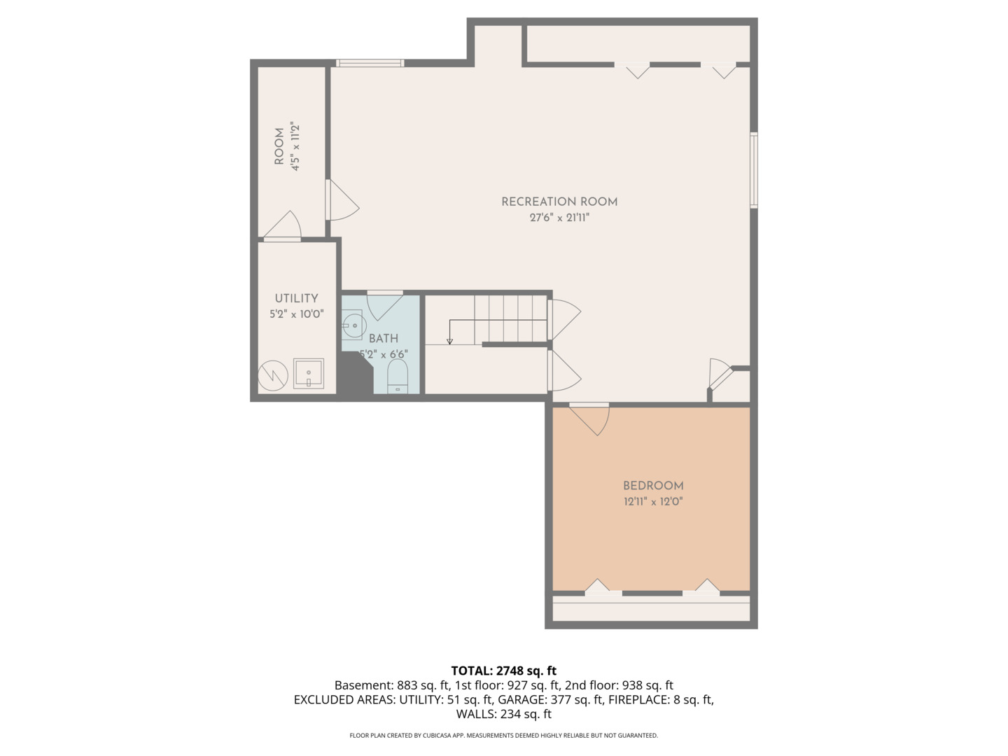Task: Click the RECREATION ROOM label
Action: click(x=559, y=202)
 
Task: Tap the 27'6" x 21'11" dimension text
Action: click(x=559, y=218)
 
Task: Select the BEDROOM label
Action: click(x=653, y=486)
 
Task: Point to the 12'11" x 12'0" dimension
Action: click(x=653, y=502)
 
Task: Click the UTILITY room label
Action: click(x=296, y=298)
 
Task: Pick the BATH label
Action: click(x=384, y=339)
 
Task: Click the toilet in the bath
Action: click(x=398, y=376)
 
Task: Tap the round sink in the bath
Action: click(x=353, y=325)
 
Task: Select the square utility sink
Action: click(x=309, y=374)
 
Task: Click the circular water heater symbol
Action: click(x=273, y=376)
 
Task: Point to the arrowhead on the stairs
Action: click(x=449, y=342)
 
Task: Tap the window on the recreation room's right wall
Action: click(x=754, y=170)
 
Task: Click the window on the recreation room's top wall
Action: click(x=370, y=63)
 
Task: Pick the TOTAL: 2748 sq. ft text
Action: click(x=503, y=671)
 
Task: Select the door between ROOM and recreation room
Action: click(x=342, y=202)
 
